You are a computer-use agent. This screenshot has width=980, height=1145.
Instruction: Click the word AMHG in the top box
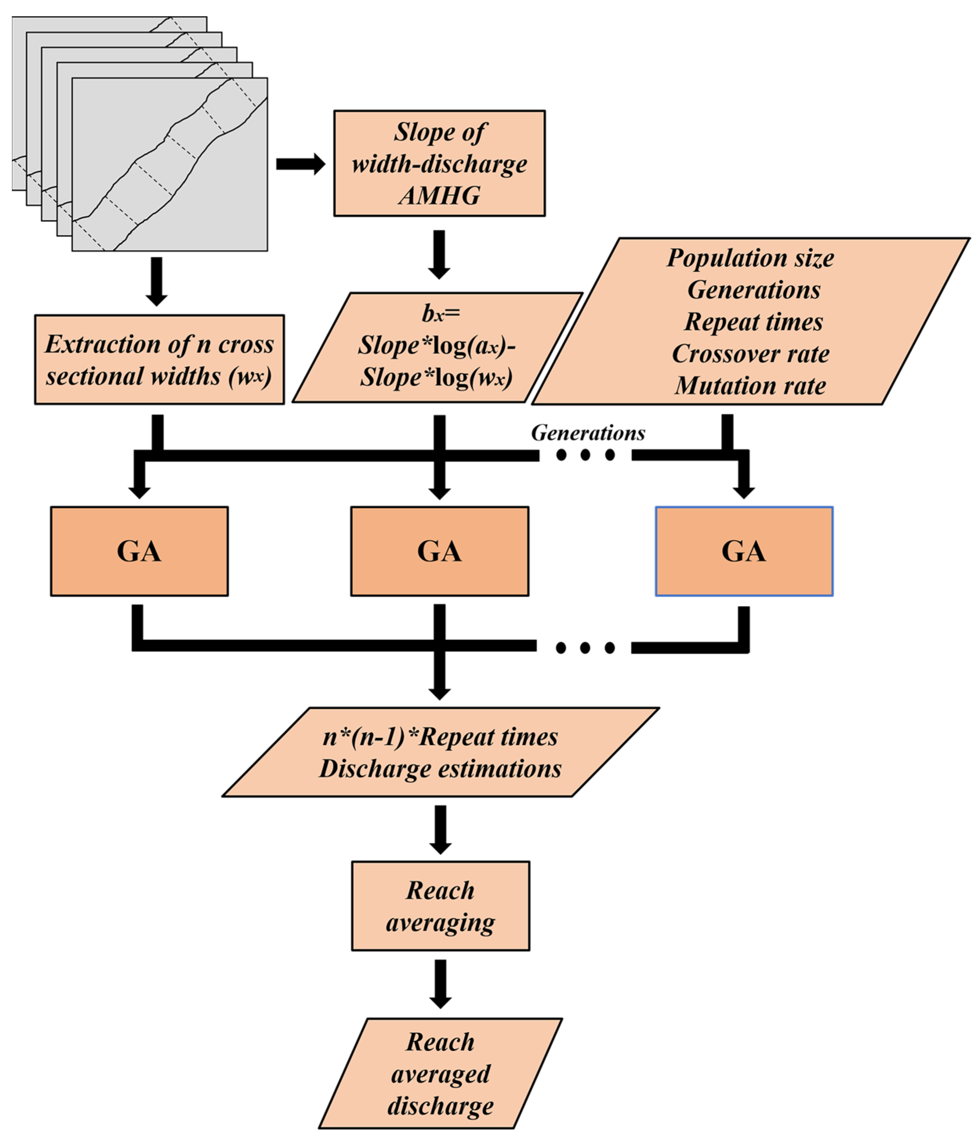439,196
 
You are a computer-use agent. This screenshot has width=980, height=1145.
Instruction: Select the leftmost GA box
139,551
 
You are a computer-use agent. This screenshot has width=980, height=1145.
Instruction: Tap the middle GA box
439,551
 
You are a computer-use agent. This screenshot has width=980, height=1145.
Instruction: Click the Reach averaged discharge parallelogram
440,1074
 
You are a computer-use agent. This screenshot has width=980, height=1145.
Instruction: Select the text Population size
750,258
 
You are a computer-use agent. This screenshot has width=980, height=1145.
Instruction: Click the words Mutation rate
750,386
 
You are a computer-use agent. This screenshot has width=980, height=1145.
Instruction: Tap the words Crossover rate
750,354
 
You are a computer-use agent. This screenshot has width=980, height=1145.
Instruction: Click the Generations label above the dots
587,433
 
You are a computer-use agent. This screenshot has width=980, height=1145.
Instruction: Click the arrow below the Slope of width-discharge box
439,254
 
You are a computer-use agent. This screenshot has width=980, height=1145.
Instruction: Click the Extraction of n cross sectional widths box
159,360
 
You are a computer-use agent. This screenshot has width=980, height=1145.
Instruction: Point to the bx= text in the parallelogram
440,314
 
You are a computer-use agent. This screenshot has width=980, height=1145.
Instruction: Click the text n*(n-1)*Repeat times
440,737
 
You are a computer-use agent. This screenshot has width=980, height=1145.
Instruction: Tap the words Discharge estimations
440,769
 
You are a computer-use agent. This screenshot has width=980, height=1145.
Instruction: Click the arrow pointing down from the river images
157,281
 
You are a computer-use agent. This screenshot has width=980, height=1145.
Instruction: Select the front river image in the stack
170,164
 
